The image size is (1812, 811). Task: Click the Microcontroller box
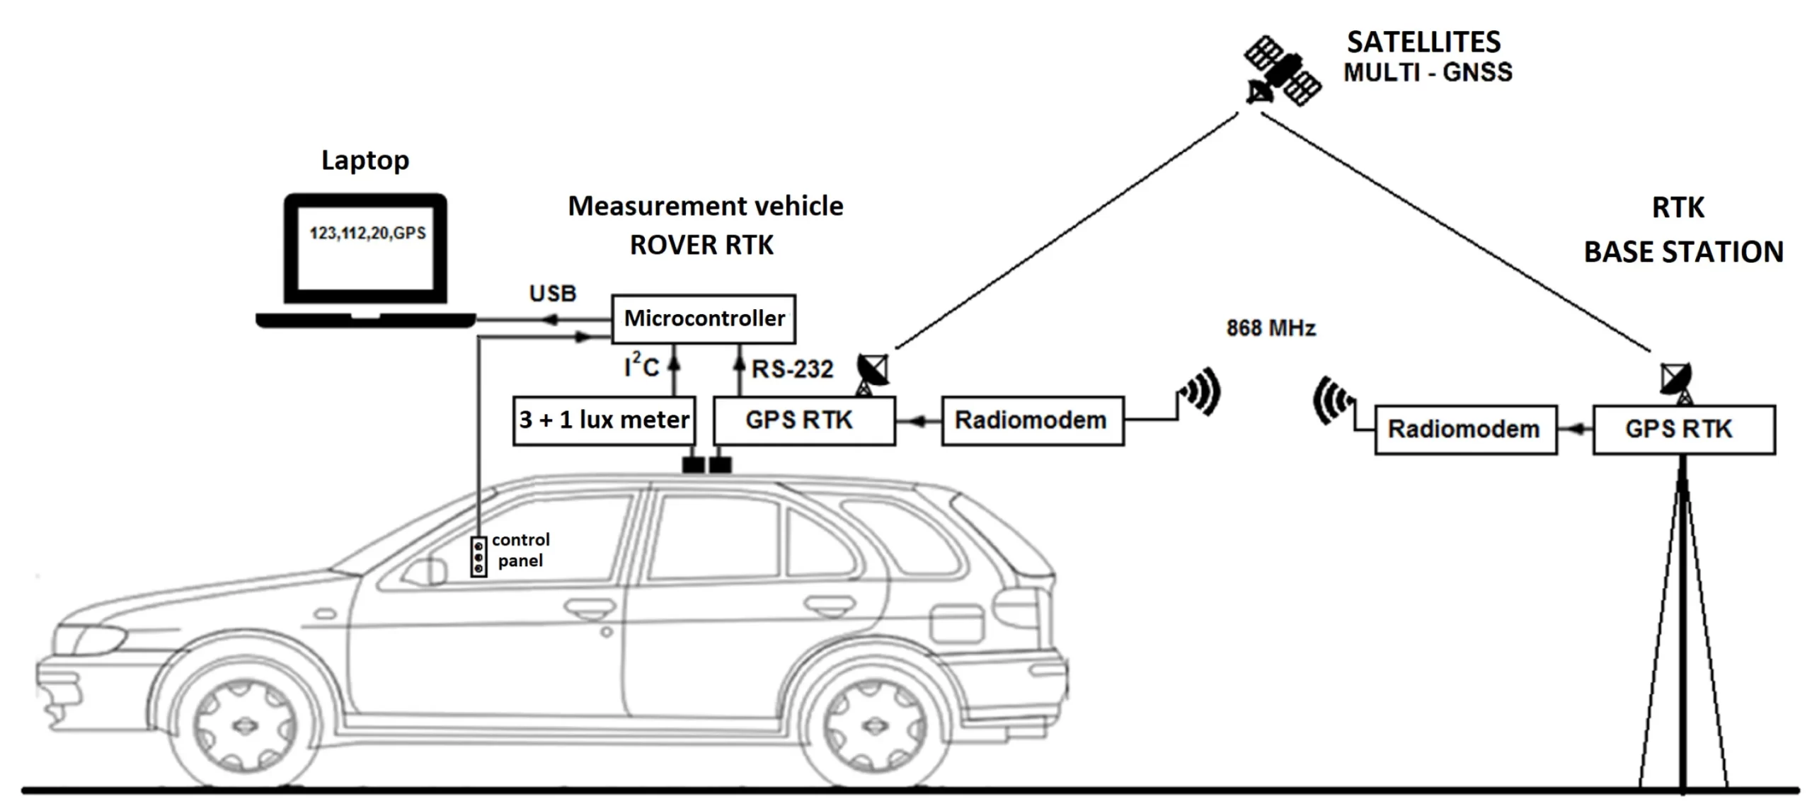pos(704,319)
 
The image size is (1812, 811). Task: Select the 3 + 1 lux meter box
pos(603,420)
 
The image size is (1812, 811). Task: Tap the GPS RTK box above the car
pos(804,420)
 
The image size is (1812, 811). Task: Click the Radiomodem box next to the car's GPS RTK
pos(1032,420)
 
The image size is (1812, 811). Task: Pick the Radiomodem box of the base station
pos(1465,430)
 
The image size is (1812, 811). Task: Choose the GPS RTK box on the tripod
pos(1683,430)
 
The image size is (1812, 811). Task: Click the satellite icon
pos(1283,71)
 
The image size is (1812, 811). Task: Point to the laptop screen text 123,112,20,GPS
pos(367,234)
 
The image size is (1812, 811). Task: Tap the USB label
pos(553,293)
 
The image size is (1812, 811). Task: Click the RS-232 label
pos(792,369)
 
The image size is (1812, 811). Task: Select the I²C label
pos(641,367)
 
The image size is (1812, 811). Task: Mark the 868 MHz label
pos(1271,328)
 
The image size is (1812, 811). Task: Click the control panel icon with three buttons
pos(478,557)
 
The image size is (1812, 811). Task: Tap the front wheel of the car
pos(243,725)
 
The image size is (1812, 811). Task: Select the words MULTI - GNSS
pos(1428,72)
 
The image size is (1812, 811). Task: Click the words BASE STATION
pos(1683,253)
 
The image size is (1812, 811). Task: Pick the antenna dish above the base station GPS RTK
pos(1677,380)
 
